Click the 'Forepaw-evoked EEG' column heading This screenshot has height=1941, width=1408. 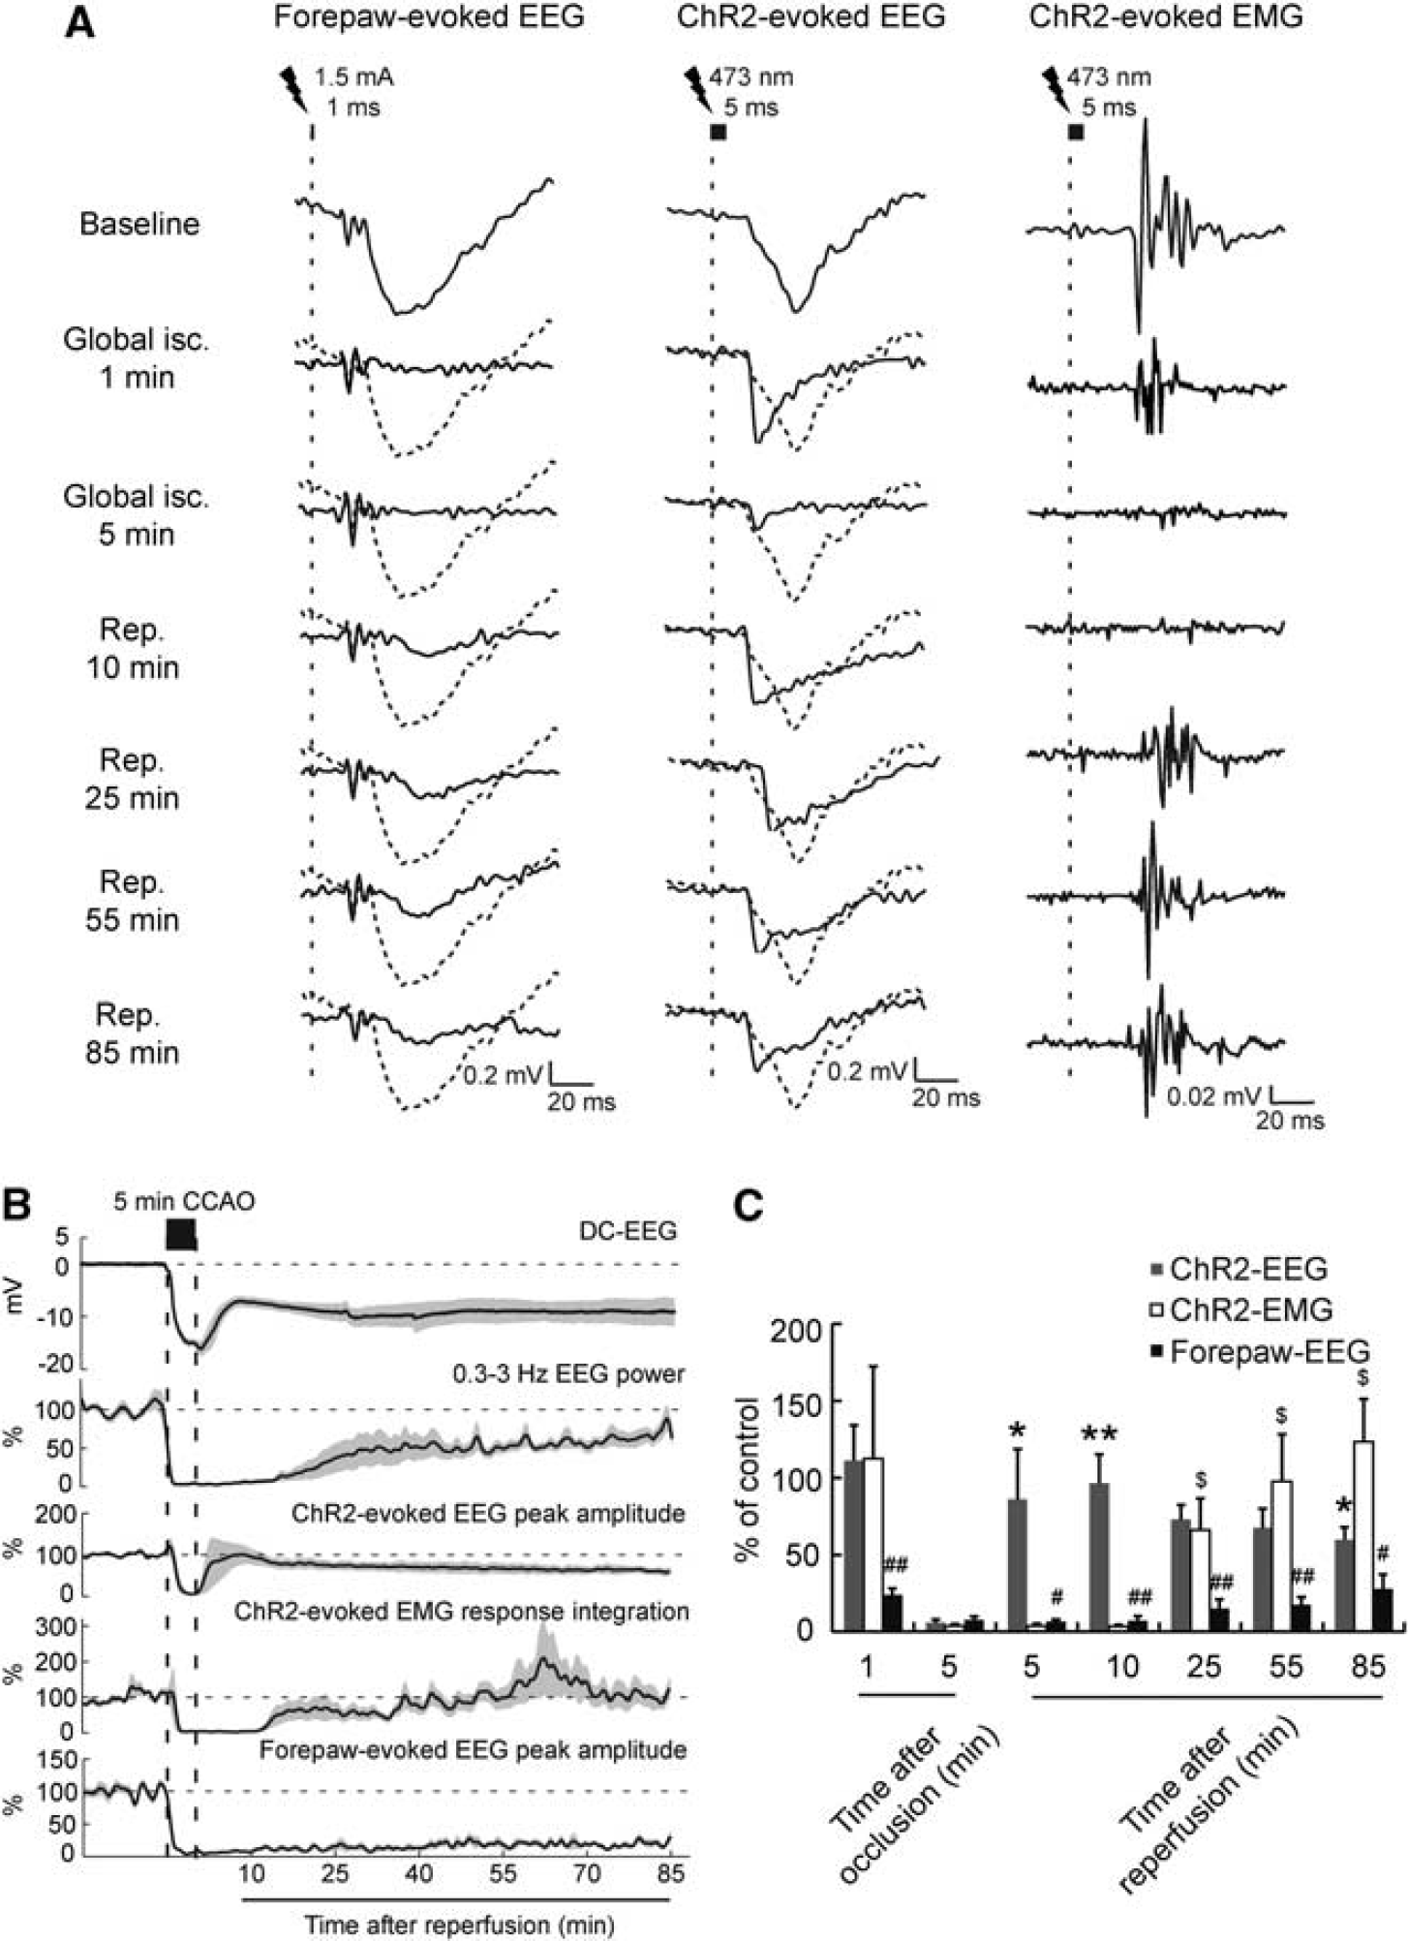(429, 16)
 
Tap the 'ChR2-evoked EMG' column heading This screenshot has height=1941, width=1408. (1166, 16)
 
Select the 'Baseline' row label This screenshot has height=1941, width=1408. (139, 224)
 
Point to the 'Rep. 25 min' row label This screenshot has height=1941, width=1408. (132, 780)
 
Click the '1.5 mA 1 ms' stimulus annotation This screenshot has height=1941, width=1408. (353, 92)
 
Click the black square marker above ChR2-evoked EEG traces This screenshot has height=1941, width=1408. (718, 132)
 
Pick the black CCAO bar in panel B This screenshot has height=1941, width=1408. (181, 1233)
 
